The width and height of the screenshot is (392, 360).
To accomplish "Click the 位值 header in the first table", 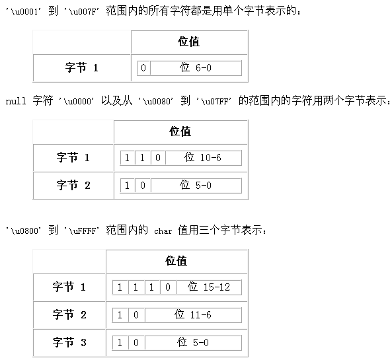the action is [x=189, y=42].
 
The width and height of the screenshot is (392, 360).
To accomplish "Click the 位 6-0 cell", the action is [x=196, y=67].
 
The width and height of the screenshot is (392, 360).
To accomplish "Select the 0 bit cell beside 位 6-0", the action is [x=143, y=67].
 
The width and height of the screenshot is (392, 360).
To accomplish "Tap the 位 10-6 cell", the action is [x=204, y=158].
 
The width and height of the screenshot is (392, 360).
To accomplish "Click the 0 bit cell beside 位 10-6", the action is [x=158, y=158].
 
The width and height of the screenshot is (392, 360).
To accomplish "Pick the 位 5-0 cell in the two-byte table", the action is [x=196, y=186].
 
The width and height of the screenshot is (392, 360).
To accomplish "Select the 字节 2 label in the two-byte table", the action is [x=73, y=186].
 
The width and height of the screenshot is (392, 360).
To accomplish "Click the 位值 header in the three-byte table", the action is [x=176, y=261].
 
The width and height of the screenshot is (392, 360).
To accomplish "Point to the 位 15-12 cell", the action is [x=209, y=287].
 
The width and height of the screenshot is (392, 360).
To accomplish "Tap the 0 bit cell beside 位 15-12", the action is [x=168, y=287].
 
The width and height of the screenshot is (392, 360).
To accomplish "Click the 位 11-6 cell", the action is [x=193, y=315].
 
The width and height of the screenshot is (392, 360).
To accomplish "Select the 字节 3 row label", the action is [x=69, y=342].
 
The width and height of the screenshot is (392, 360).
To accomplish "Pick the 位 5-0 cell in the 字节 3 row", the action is [x=193, y=343].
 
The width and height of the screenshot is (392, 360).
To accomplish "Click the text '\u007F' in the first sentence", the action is [x=81, y=12].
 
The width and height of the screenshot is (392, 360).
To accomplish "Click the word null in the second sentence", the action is [x=16, y=101].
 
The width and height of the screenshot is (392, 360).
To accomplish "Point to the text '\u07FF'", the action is [x=214, y=101].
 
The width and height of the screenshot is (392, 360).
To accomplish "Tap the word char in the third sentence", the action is [x=163, y=231].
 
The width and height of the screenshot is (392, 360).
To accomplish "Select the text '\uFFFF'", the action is [x=81, y=231].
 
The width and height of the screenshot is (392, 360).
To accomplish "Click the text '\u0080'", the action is [x=155, y=101].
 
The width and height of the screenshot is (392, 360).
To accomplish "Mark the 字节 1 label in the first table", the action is [x=82, y=67].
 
